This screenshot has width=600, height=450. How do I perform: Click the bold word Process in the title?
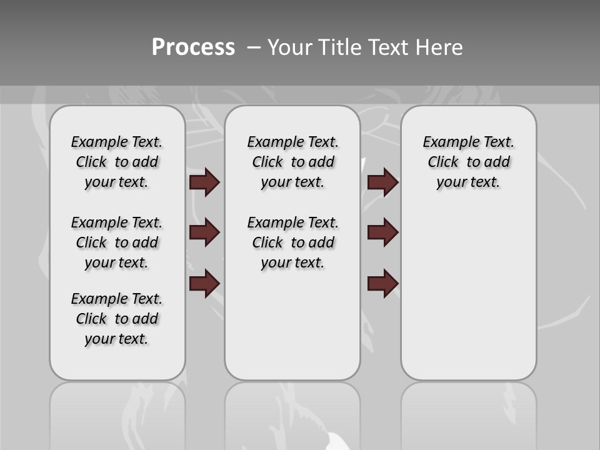click(x=193, y=47)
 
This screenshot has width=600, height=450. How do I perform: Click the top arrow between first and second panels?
click(x=204, y=182)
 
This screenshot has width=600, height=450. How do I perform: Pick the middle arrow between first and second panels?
click(x=204, y=232)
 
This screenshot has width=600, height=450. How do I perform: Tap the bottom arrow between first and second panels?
click(x=204, y=283)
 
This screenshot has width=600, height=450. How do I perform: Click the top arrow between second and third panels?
click(x=382, y=182)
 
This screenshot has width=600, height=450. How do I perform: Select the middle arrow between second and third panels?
click(x=382, y=232)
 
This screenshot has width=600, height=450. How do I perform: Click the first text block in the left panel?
click(x=117, y=162)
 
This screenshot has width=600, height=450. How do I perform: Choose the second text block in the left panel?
click(x=117, y=242)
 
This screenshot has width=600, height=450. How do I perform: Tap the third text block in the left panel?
click(x=117, y=319)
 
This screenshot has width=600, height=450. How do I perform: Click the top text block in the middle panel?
click(x=292, y=162)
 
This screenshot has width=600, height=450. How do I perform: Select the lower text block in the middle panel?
click(x=292, y=242)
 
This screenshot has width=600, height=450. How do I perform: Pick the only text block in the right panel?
click(x=468, y=162)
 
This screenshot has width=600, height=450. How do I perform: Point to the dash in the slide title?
click(x=254, y=47)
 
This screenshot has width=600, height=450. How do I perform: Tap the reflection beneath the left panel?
click(x=117, y=412)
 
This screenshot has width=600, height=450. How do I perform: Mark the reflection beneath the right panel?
click(x=468, y=412)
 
